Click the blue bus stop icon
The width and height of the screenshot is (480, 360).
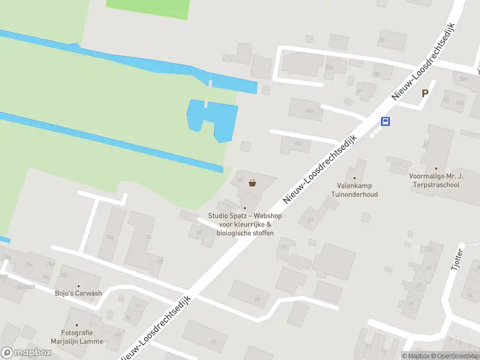point(385,121)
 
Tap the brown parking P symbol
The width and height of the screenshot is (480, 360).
point(425,93)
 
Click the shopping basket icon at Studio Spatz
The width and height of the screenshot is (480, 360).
point(253,183)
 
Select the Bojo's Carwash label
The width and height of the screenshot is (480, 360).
point(79,294)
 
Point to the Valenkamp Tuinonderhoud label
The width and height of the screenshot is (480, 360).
point(355,190)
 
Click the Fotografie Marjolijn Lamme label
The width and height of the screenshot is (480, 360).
point(82,337)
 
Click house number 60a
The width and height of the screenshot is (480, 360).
point(310,111)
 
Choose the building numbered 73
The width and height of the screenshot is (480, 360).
point(257,298)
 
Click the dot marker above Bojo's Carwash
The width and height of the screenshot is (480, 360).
point(78,286)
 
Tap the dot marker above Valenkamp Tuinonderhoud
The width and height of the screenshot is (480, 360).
point(354,178)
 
